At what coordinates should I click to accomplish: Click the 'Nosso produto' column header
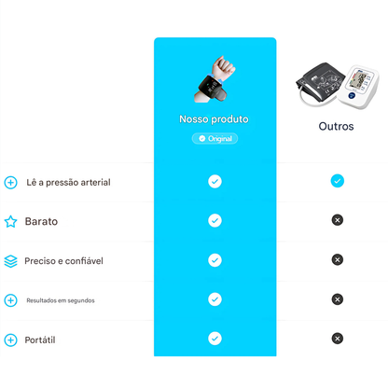coord(215,119)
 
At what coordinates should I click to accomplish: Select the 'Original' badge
coord(215,138)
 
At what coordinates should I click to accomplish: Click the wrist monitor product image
coord(215,81)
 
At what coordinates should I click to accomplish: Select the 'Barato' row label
coord(41,222)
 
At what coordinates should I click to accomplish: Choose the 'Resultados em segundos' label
coord(60,300)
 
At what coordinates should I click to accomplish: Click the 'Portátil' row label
coord(40,339)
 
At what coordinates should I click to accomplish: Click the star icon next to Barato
coord(10,222)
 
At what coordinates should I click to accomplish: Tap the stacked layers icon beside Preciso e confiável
coord(10,261)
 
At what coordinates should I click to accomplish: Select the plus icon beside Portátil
coord(10,339)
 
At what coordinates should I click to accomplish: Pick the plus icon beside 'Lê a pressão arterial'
coord(10,183)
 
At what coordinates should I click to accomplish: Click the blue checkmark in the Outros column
coord(337,181)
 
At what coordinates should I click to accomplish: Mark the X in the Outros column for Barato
coord(337,220)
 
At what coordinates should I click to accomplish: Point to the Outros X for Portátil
coord(337,338)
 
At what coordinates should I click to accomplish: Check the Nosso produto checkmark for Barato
coord(215,220)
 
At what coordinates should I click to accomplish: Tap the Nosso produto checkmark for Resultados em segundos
coord(215,298)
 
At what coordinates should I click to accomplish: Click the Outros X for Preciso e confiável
coord(337,259)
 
